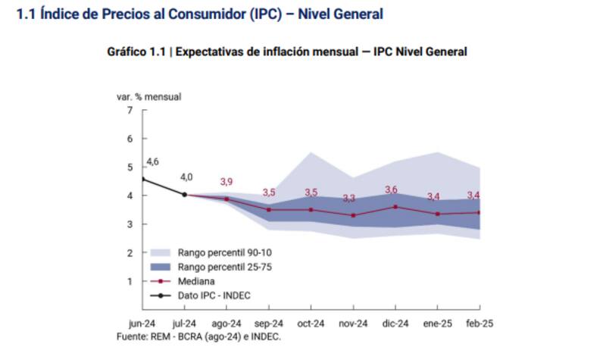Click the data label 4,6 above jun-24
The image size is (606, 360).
point(152,162)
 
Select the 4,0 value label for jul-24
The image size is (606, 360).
point(186,177)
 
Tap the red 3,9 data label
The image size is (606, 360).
point(226,182)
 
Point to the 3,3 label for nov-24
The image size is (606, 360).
point(348,199)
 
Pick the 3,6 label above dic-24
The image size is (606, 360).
point(391,189)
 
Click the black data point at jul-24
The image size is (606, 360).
point(185,194)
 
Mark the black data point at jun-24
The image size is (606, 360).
point(144,179)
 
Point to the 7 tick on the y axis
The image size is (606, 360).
point(130,111)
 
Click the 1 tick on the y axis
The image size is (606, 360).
point(130,281)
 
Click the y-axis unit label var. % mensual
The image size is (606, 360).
point(148,96)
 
